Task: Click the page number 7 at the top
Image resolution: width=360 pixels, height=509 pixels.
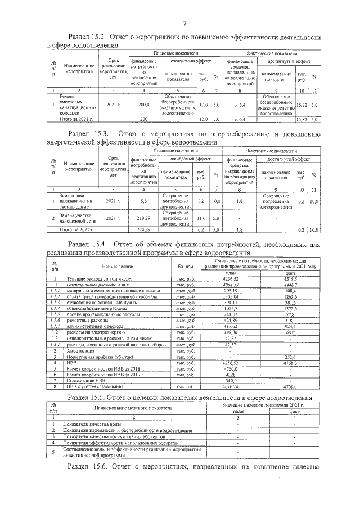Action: tap(184, 23)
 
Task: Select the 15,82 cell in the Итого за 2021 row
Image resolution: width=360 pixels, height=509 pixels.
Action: tap(301, 120)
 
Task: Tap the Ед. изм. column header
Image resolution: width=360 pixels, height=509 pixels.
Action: tap(185, 266)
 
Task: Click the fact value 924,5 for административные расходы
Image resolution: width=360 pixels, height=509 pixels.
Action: tap(290, 326)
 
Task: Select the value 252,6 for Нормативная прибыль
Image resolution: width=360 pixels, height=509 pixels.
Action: tap(290, 357)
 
